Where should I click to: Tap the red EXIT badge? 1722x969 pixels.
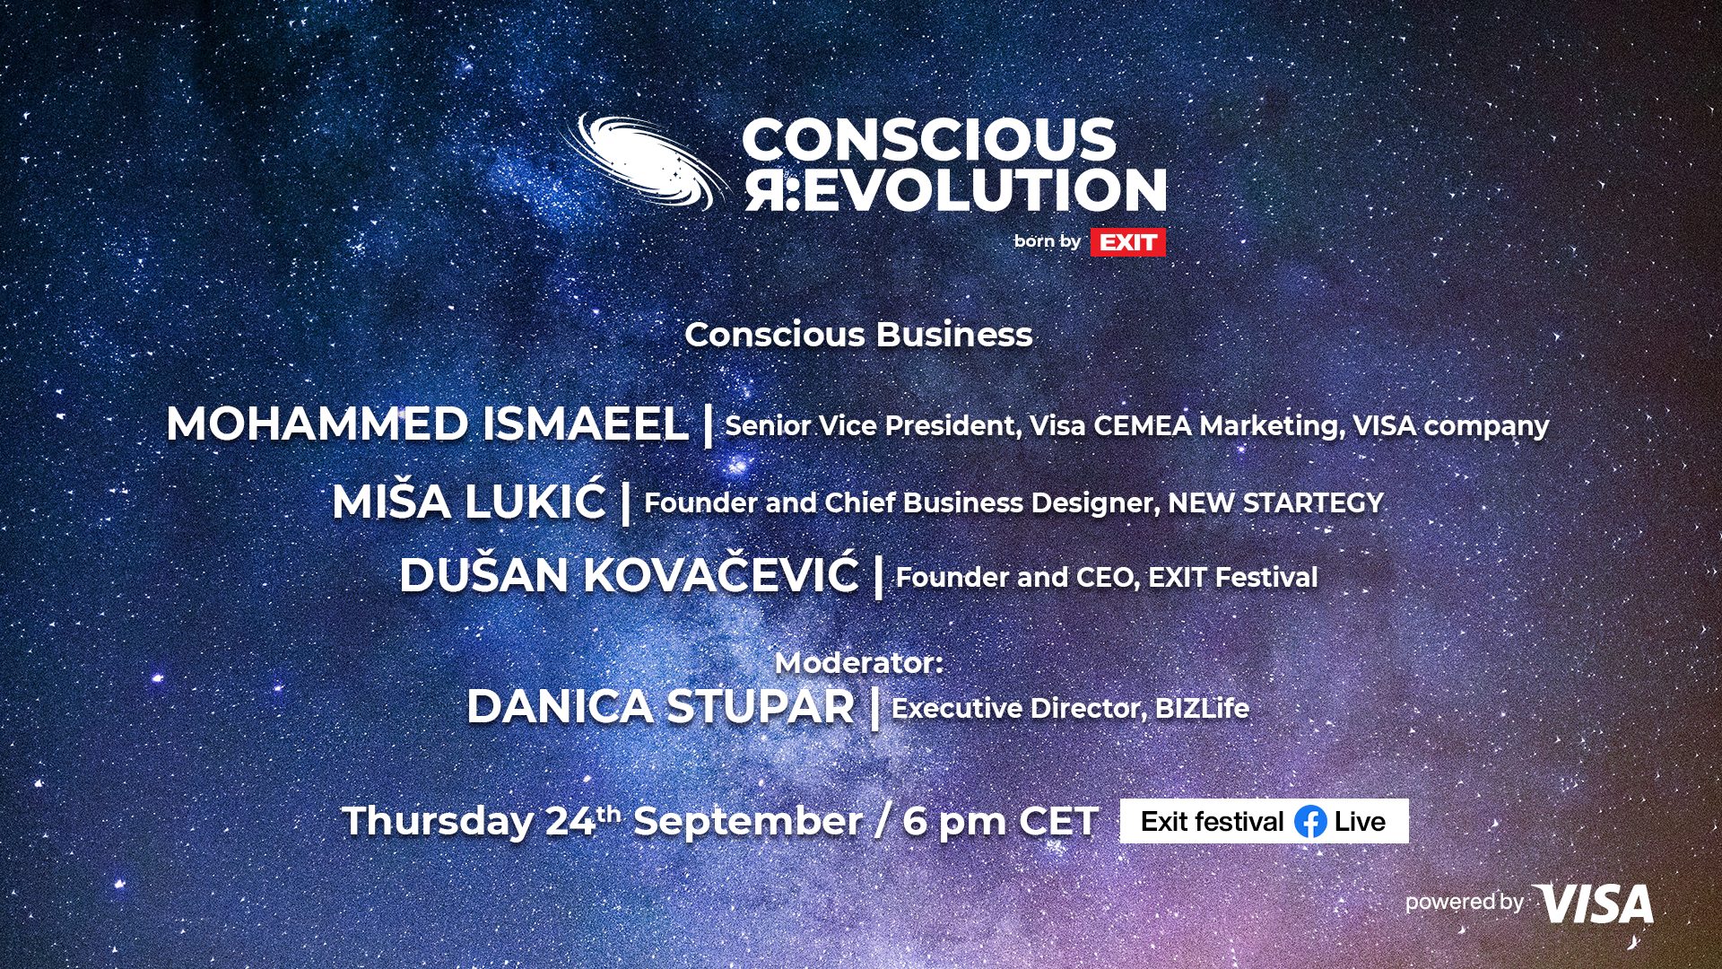coord(1127,242)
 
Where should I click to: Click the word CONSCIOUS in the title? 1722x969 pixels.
coord(929,140)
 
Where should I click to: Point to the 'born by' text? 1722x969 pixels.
coord(1047,241)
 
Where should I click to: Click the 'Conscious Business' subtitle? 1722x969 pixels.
coord(858,335)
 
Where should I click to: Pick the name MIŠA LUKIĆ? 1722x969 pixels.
coord(469,502)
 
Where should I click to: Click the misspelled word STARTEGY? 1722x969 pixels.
coord(1313,502)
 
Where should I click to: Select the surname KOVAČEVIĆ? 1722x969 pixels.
coord(721,575)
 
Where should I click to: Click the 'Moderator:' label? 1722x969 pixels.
coord(859,663)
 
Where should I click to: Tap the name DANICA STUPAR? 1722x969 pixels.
coord(660,707)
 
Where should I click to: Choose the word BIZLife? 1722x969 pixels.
coord(1202,708)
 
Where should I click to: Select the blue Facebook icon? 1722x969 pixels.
coord(1310,822)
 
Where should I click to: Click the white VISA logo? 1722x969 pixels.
coord(1594,904)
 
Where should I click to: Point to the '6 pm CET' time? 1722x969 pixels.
coord(1000,821)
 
